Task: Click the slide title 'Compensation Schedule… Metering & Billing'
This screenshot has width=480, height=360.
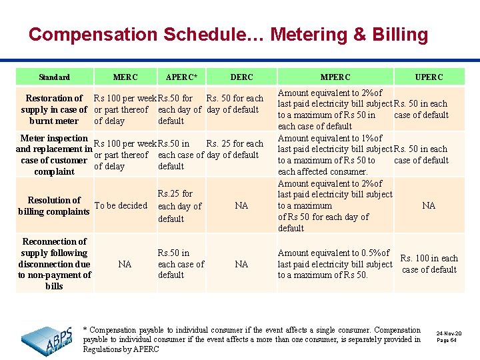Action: click(x=228, y=34)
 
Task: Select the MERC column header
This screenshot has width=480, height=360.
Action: click(x=126, y=77)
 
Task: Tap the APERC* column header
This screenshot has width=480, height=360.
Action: click(x=181, y=77)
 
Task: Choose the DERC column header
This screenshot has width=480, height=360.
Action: click(x=241, y=77)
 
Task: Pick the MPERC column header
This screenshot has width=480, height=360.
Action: click(x=335, y=77)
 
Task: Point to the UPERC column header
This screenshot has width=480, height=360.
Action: click(x=429, y=77)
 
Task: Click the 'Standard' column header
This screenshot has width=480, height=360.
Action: click(x=54, y=77)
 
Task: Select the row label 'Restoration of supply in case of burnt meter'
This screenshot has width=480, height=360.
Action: click(x=54, y=109)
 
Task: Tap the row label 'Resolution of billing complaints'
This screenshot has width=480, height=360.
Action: click(x=54, y=206)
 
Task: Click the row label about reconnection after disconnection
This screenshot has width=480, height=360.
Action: click(x=54, y=264)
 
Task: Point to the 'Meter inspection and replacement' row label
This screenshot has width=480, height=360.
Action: click(x=54, y=155)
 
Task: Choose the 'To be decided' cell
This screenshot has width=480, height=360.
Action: click(x=121, y=206)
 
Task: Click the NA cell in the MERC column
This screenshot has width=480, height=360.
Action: click(x=125, y=265)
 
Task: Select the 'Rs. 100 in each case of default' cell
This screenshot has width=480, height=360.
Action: click(x=429, y=264)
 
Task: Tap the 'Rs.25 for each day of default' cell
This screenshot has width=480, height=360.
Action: click(x=179, y=206)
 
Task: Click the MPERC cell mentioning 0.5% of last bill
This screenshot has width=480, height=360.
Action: click(x=335, y=264)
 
